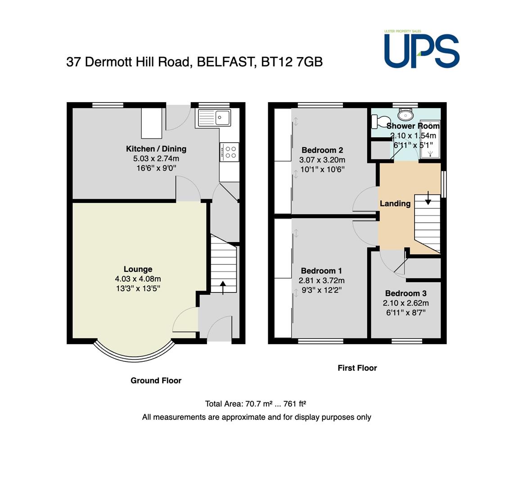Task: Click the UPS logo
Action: [422, 49]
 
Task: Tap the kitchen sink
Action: [214, 117]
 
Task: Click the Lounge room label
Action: [138, 269]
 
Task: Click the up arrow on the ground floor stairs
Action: [223, 288]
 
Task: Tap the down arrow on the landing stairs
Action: [428, 198]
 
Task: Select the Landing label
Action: [395, 203]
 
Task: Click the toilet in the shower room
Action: [378, 121]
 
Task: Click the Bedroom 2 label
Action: [322, 150]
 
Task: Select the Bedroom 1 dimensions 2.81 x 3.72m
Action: [321, 280]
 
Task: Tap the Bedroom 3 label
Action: [406, 293]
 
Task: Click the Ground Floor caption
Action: [156, 381]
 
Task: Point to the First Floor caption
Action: [357, 368]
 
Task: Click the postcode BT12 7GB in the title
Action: [292, 62]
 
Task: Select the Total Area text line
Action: [256, 404]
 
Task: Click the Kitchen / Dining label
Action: [156, 148]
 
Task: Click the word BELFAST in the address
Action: [225, 62]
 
